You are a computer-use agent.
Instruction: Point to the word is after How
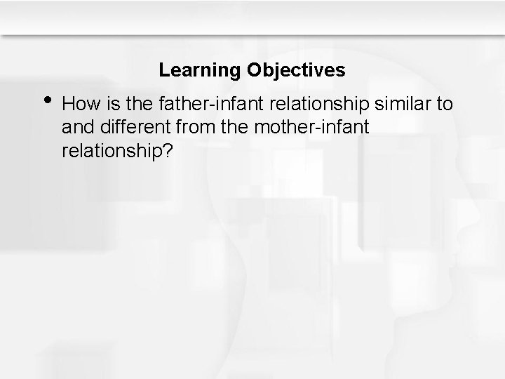[106, 105]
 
